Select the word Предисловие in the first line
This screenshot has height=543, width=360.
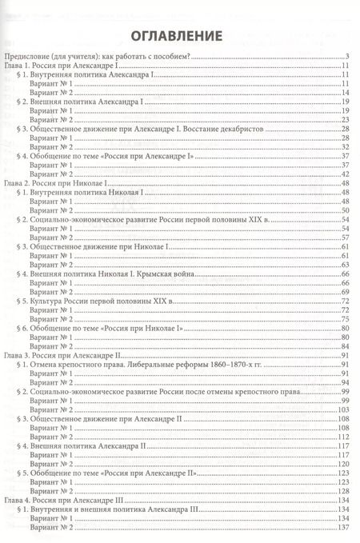[x=26, y=56]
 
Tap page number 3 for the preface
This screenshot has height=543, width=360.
[x=349, y=56]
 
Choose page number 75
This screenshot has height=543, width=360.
[x=347, y=317]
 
